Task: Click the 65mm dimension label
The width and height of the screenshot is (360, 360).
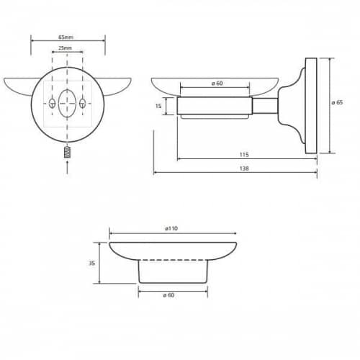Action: point(66,37)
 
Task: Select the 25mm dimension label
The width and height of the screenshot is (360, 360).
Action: point(65,48)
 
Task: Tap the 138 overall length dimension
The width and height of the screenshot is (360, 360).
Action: point(244,168)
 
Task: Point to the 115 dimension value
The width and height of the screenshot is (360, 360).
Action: point(244,155)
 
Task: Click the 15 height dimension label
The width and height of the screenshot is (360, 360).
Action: point(158,106)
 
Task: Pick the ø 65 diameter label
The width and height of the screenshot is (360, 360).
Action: point(337,102)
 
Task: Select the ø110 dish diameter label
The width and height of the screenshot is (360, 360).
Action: point(171,228)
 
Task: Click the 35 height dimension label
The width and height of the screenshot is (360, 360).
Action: point(92,263)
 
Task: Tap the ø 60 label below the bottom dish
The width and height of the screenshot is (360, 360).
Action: point(168,295)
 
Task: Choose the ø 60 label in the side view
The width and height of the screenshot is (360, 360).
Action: point(217,84)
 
